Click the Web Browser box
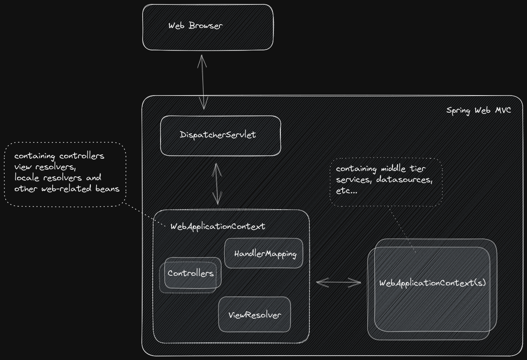point(208,27)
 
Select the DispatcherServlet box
point(220,135)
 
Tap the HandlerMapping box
point(264,253)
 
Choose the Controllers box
point(191,274)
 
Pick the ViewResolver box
point(255,315)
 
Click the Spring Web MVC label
point(478,110)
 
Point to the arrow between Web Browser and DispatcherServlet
point(202,82)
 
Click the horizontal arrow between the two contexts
point(338,282)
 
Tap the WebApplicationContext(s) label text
point(432,283)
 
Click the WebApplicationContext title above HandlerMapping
point(218,227)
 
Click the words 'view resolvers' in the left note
point(42,167)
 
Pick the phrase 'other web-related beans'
point(67,189)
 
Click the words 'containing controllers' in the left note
point(59,156)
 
